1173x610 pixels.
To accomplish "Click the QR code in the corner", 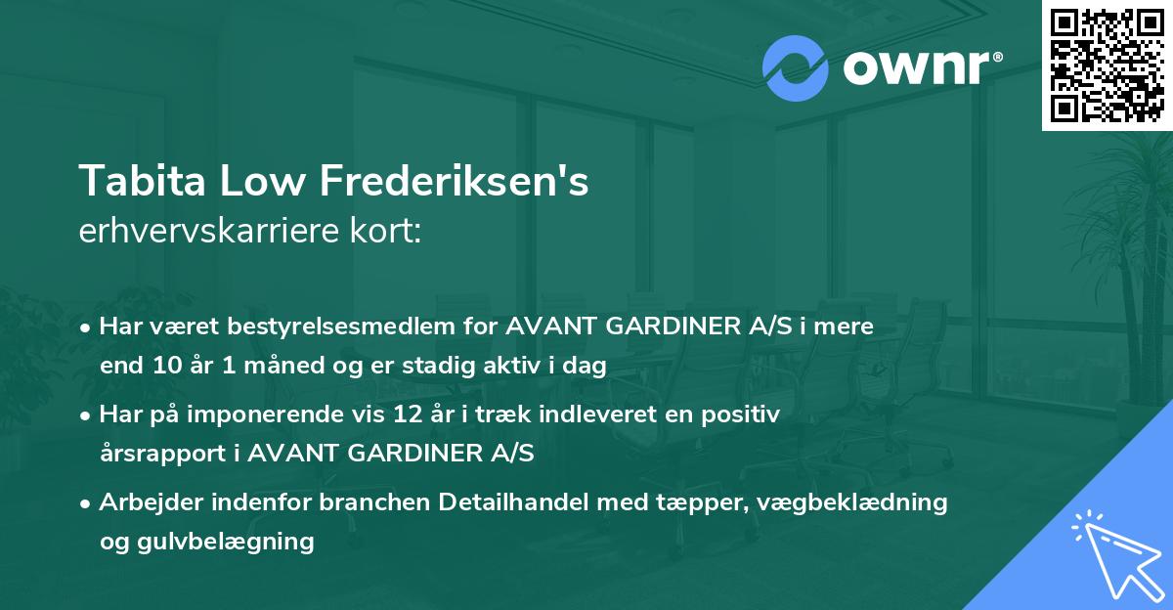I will (1106, 64).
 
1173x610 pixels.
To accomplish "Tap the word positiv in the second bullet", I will (746, 414).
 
